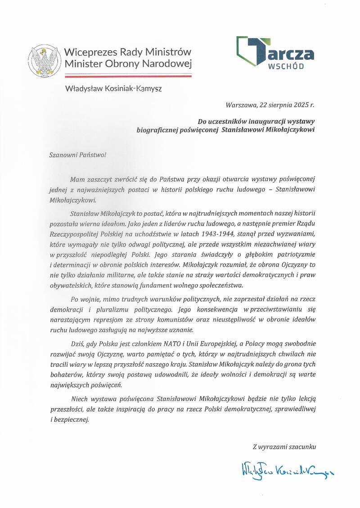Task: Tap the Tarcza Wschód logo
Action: click(275, 53)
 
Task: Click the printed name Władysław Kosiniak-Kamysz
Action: click(113, 89)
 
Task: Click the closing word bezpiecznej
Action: click(72, 419)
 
